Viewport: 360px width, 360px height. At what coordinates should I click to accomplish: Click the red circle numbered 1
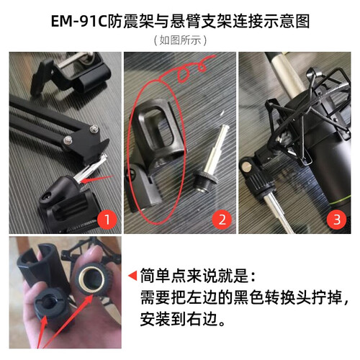tap(107, 220)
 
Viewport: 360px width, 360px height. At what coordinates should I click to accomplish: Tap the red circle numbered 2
tap(222, 220)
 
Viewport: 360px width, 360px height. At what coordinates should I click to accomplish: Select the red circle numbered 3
tap(337, 220)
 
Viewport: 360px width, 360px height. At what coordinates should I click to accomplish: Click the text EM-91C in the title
tap(78, 22)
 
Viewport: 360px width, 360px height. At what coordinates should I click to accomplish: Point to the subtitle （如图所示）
tap(180, 40)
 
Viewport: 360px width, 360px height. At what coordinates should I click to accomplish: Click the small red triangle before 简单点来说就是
tap(132, 275)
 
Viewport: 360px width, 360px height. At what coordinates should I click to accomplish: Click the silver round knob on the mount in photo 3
tap(246, 166)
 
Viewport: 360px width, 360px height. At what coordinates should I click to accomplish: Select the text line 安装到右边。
tap(183, 319)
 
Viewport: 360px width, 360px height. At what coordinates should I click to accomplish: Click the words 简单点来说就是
tap(194, 275)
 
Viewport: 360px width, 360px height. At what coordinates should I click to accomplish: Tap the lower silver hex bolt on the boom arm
tap(68, 140)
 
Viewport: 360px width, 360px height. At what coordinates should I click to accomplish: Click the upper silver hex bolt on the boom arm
tap(94, 129)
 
